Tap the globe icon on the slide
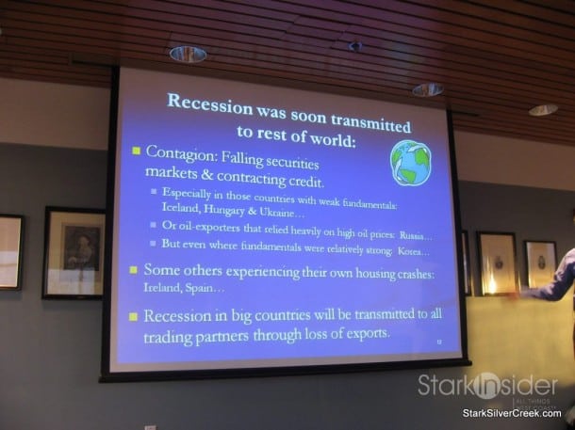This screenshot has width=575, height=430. pos(410,163)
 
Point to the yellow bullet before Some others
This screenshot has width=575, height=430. pos(135,269)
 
